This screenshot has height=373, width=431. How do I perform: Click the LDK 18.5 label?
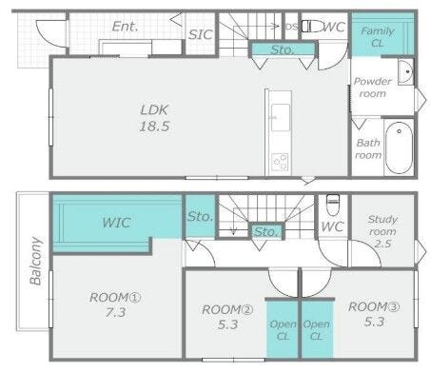(154, 118)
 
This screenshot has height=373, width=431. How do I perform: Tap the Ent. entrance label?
(125, 27)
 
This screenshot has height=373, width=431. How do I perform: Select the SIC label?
(200, 34)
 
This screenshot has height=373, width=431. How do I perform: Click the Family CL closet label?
(378, 37)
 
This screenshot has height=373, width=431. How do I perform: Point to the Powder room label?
(372, 88)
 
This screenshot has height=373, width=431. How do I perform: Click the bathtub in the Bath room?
(399, 147)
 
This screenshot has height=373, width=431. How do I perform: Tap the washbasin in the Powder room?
(405, 71)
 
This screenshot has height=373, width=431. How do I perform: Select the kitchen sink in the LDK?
(281, 117)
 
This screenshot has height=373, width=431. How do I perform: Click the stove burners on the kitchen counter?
(280, 162)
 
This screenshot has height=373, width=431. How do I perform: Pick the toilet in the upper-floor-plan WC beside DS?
(312, 27)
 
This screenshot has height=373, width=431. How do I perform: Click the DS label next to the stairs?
(291, 27)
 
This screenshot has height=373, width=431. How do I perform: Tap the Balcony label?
(35, 261)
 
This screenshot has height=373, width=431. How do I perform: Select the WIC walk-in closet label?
(116, 223)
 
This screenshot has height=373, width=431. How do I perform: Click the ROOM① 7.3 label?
(115, 304)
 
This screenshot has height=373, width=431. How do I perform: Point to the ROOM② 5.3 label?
(227, 317)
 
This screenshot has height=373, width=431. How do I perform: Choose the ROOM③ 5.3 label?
(374, 314)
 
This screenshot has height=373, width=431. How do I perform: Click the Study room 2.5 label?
(382, 231)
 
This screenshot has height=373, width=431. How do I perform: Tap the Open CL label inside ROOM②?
(283, 330)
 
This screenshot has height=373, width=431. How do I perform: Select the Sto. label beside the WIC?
(200, 217)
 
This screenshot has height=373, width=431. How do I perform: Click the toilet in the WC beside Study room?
(333, 201)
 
